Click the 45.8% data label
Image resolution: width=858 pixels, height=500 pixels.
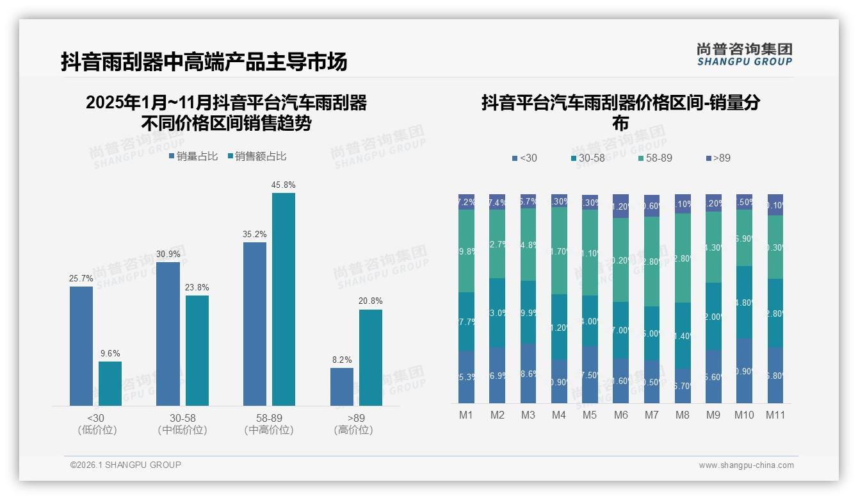[283, 185]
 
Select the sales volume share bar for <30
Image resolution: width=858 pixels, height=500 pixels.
[81, 346]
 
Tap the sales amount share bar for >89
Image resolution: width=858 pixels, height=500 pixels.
[370, 358]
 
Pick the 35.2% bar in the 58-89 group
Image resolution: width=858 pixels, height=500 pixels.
[255, 324]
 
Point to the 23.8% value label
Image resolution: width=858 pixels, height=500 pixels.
[197, 288]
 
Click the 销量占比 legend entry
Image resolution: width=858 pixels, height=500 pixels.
[193, 156]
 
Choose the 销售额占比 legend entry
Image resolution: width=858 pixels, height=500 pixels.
[257, 156]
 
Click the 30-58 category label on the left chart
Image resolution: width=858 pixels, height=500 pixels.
[182, 418]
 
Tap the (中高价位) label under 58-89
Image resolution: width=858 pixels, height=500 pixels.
[269, 430]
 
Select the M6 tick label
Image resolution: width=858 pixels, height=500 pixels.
[620, 415]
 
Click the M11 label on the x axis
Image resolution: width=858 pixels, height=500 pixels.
[775, 415]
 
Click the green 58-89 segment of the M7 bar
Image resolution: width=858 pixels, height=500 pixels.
[651, 262]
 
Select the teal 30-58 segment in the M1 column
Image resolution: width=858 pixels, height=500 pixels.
[466, 322]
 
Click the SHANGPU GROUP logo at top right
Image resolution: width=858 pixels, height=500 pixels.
[744, 54]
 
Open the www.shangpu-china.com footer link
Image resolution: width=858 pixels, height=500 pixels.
[746, 465]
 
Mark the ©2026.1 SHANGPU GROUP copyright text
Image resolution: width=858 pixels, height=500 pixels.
[125, 465]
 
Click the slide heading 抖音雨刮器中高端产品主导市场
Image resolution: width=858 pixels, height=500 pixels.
[204, 62]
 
